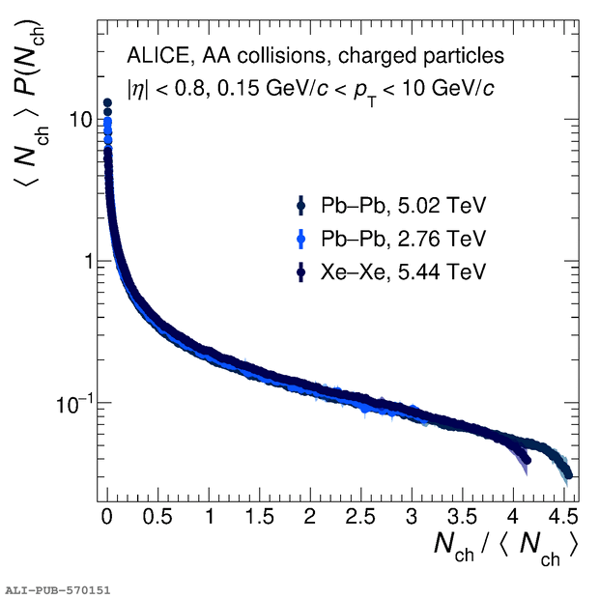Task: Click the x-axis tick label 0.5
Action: coord(158,512)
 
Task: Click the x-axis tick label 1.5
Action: coord(259,512)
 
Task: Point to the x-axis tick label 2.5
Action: coord(359,512)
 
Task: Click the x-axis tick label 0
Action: coord(108,512)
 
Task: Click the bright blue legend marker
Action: coord(302,238)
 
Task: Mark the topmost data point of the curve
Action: coord(108,102)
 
